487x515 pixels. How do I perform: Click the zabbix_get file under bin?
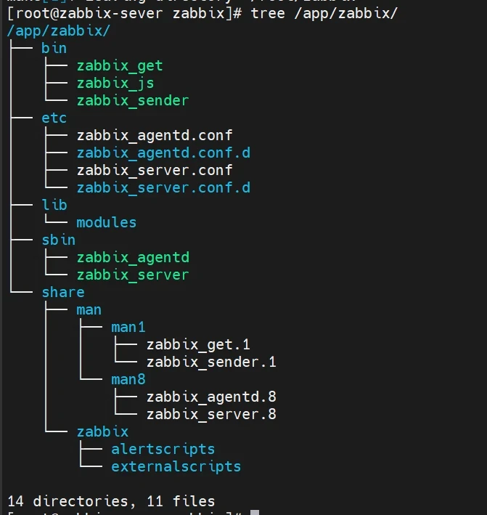click(x=120, y=66)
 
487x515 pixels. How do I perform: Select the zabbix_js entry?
click(x=115, y=84)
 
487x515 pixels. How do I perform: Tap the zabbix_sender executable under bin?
click(x=133, y=101)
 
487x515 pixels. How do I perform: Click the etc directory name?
click(x=54, y=118)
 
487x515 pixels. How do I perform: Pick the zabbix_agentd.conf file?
click(x=155, y=136)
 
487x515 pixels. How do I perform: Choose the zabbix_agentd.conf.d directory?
click(x=163, y=153)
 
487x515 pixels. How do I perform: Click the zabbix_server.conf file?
click(x=155, y=171)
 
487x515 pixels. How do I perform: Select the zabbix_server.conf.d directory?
click(x=163, y=188)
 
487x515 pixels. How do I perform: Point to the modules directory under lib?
click(x=107, y=222)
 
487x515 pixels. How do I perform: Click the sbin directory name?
click(x=59, y=240)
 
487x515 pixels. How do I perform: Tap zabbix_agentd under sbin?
click(x=133, y=257)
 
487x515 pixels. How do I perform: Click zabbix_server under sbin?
click(x=133, y=275)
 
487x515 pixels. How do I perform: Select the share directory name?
click(x=63, y=292)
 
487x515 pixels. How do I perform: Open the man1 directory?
click(x=128, y=327)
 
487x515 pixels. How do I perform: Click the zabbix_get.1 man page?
click(x=198, y=344)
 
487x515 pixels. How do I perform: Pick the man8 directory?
click(x=128, y=379)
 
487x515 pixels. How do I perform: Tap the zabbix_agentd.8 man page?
click(x=211, y=397)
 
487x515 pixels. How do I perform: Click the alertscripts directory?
click(x=163, y=449)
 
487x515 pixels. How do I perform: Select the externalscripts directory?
click(x=176, y=466)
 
